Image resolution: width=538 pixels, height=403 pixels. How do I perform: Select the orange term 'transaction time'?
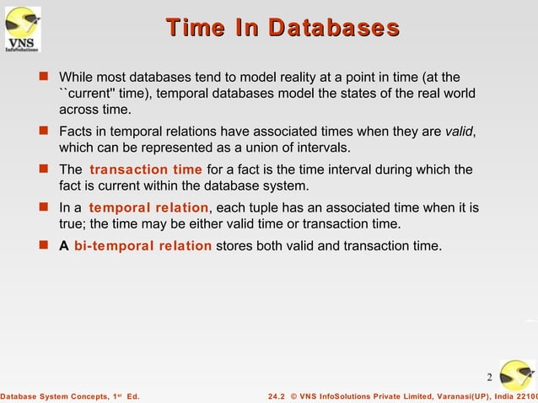[x=146, y=169]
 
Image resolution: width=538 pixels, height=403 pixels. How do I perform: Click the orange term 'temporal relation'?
[x=148, y=207]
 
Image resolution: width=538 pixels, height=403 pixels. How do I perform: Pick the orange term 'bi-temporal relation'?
[x=143, y=246]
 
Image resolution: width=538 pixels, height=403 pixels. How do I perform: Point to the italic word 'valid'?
[x=460, y=132]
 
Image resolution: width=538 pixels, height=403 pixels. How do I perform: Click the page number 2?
[x=489, y=376]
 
